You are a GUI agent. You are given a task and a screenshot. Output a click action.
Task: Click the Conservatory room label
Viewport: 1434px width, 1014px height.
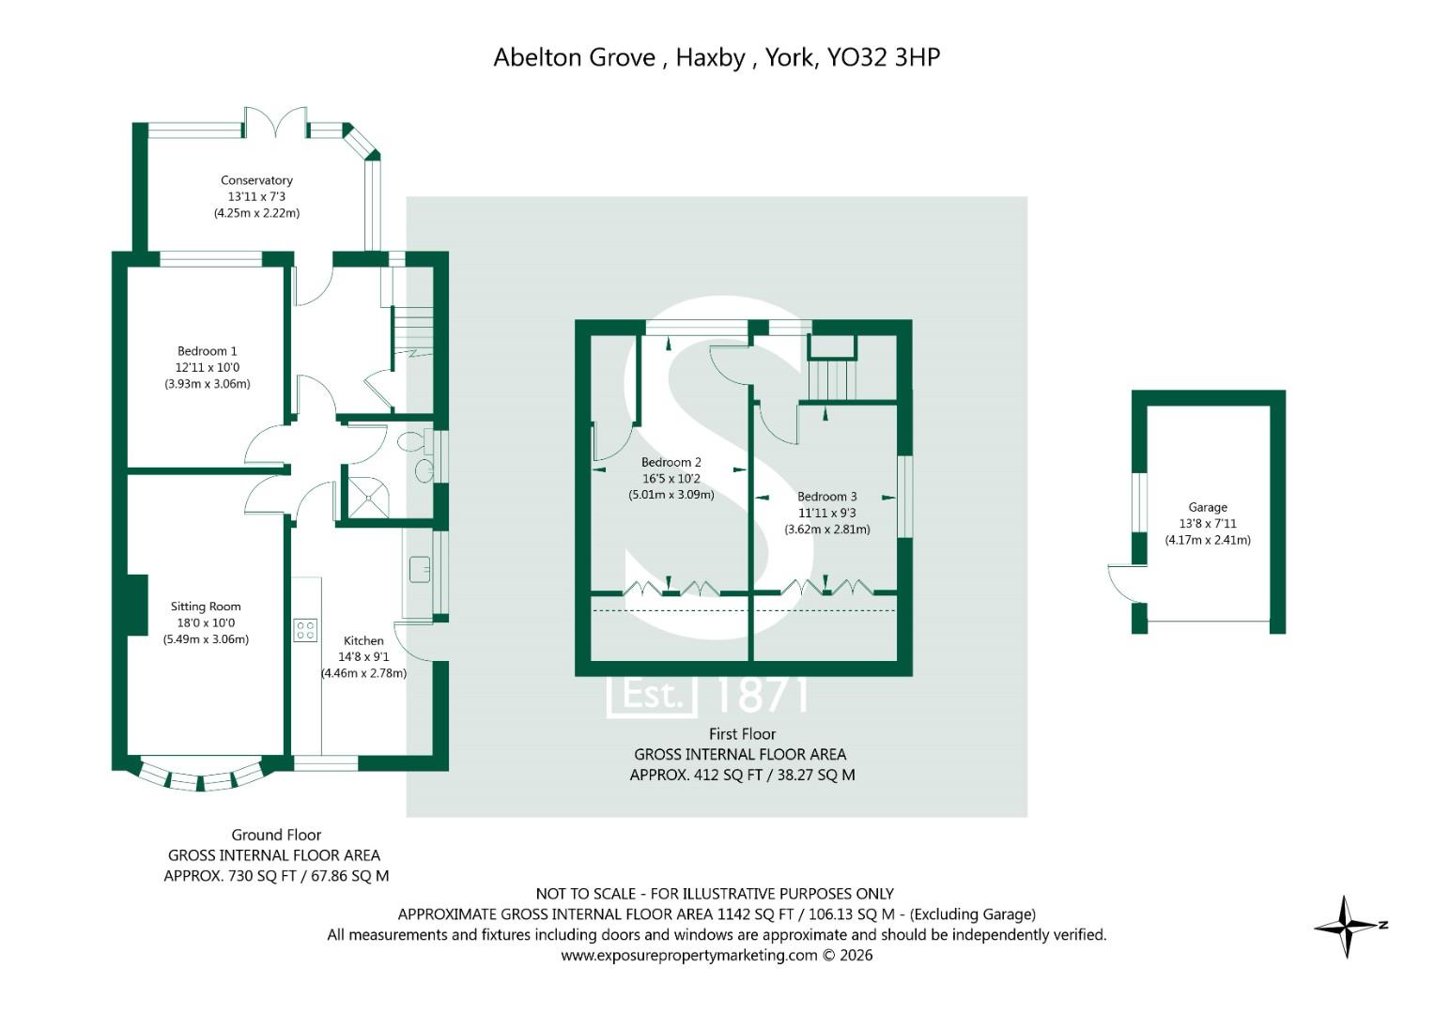pyautogui.click(x=256, y=180)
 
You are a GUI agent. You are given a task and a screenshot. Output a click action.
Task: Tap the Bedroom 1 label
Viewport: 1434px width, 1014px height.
pyautogui.click(x=207, y=351)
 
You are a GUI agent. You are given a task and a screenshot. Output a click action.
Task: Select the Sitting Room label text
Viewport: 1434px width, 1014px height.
pyautogui.click(x=206, y=607)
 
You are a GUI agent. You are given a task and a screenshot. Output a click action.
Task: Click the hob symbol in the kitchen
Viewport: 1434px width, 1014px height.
pyautogui.click(x=305, y=630)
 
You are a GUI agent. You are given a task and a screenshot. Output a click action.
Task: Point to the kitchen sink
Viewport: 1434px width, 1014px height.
pyautogui.click(x=420, y=569)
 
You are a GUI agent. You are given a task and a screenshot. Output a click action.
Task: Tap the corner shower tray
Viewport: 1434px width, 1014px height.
pyautogui.click(x=367, y=496)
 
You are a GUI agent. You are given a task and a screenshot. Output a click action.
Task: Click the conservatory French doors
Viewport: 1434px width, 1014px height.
pyautogui.click(x=276, y=123)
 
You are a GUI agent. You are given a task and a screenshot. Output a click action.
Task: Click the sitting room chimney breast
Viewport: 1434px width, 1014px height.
pyautogui.click(x=137, y=606)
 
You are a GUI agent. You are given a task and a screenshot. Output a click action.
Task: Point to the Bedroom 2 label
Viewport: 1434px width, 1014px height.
pyautogui.click(x=671, y=462)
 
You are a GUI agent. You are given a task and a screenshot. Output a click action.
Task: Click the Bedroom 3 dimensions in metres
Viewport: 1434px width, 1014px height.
pyautogui.click(x=827, y=530)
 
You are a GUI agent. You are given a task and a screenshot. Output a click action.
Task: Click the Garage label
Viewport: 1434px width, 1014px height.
pyautogui.click(x=1208, y=507)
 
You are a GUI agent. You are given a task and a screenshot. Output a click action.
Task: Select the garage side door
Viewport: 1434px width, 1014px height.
pyautogui.click(x=1123, y=582)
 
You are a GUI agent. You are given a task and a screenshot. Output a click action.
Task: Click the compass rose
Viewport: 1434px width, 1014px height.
pyautogui.click(x=1348, y=926)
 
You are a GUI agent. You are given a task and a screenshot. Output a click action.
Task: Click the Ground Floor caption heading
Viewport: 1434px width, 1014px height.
pyautogui.click(x=276, y=835)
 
